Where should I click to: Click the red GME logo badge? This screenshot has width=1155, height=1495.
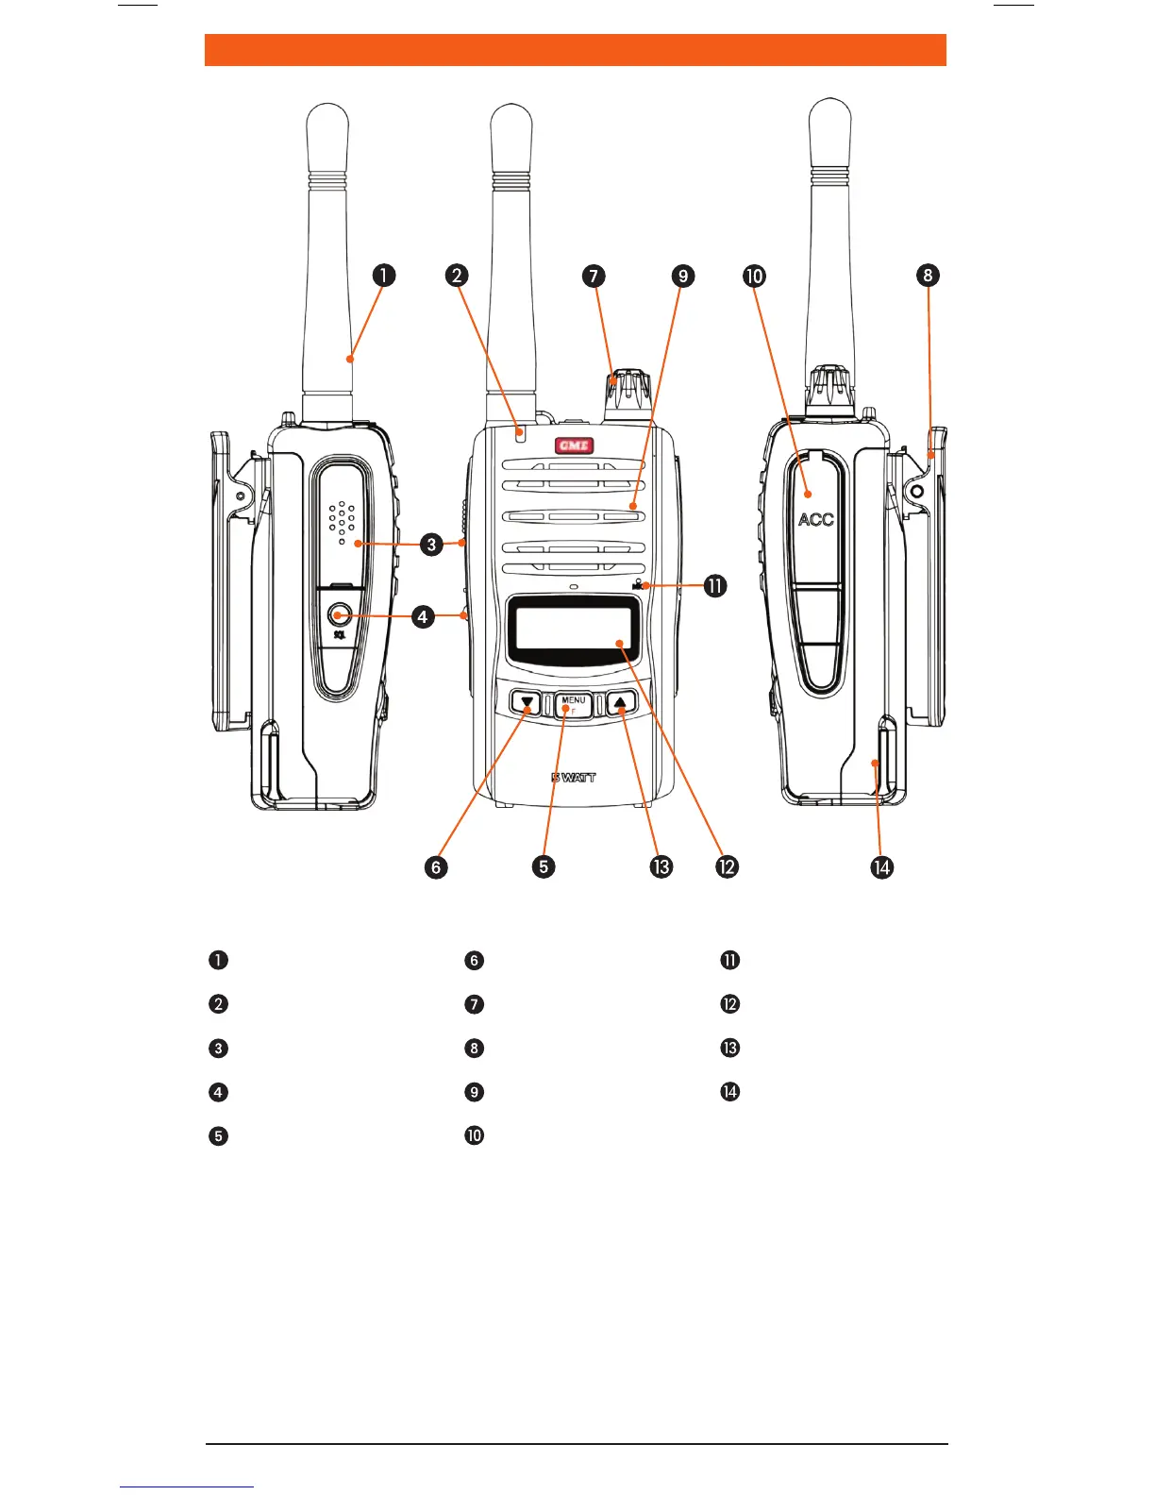tap(574, 445)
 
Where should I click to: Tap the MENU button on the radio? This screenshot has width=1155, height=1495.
tap(574, 704)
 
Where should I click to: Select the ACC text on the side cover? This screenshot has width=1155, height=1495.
tap(815, 519)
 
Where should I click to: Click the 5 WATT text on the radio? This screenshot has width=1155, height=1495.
tap(574, 778)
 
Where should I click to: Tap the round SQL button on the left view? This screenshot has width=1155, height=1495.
tap(340, 615)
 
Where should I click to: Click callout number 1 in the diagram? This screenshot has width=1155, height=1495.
tap(383, 276)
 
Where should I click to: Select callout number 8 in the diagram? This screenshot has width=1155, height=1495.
tap(928, 275)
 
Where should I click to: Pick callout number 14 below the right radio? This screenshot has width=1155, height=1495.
tap(881, 866)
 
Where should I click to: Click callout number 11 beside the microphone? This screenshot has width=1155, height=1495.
tap(715, 586)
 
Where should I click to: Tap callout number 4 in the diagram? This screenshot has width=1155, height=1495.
tap(423, 616)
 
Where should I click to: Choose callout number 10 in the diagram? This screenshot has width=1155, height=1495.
tap(754, 276)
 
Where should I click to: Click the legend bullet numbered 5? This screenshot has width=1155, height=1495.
tap(218, 1135)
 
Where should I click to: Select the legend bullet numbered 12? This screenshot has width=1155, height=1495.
tap(729, 1004)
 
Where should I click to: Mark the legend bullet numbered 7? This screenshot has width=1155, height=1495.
tap(474, 1004)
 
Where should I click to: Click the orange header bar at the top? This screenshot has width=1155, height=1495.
tap(575, 50)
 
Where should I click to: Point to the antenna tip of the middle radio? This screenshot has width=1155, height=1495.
tap(511, 118)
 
